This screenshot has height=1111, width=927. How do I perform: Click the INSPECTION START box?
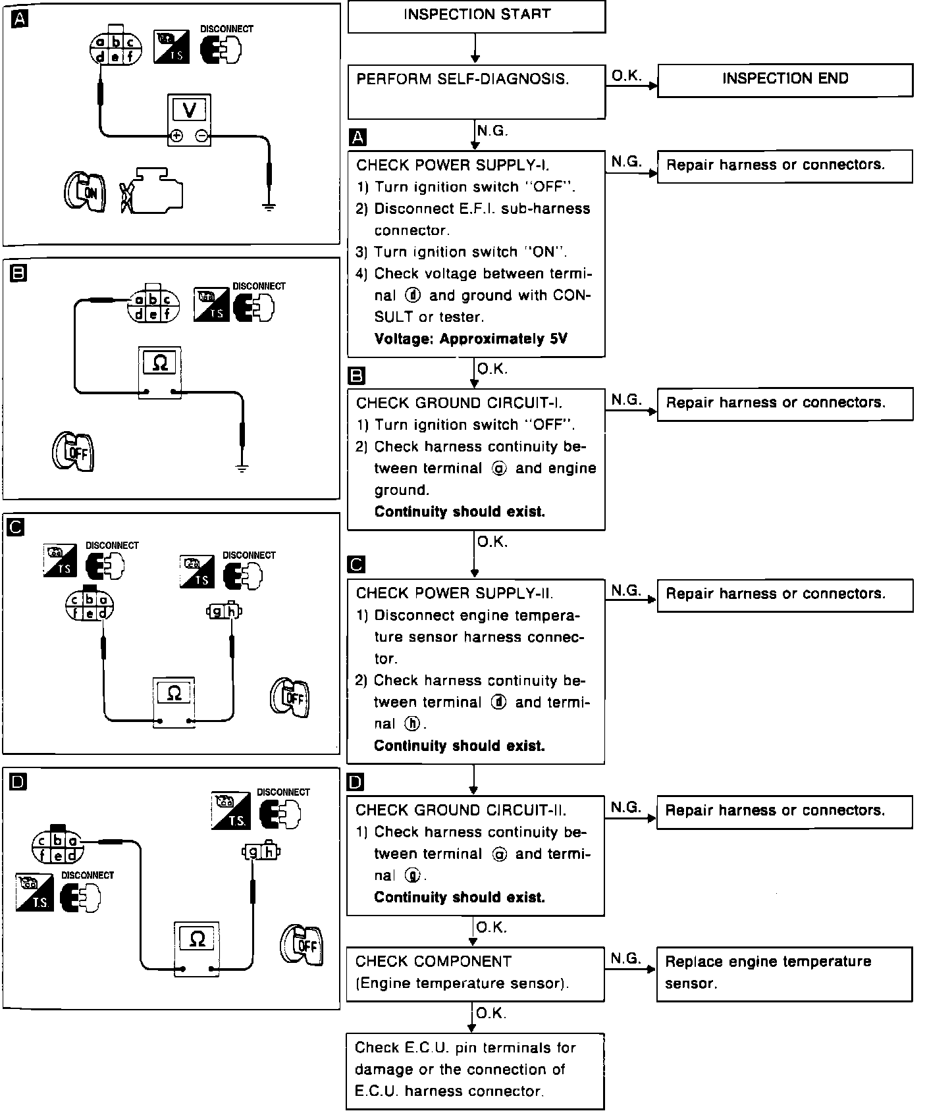coord(476,16)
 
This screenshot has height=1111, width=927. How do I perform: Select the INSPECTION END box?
coord(785,80)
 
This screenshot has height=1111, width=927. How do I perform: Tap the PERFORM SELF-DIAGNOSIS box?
coord(476,91)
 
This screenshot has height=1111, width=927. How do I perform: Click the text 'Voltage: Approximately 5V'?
coord(471,339)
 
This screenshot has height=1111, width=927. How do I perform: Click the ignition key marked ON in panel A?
coord(84,192)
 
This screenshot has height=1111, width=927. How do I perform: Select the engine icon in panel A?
coord(153,191)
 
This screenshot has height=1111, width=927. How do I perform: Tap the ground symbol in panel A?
coord(269,206)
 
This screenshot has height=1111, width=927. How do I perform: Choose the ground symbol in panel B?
coord(242,469)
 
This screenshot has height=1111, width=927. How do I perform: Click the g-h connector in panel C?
coord(224,612)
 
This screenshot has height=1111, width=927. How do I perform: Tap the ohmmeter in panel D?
coord(196,948)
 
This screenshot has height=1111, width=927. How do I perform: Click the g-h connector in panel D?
coord(261,852)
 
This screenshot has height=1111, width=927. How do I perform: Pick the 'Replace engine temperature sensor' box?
coord(784,973)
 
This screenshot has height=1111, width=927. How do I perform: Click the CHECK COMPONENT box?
coord(475,973)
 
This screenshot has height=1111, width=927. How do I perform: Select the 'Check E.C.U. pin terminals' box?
coord(475,1070)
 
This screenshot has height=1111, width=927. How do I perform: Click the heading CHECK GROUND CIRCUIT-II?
coord(461,810)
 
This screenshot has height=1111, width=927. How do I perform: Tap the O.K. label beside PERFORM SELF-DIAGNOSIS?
coord(626,76)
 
